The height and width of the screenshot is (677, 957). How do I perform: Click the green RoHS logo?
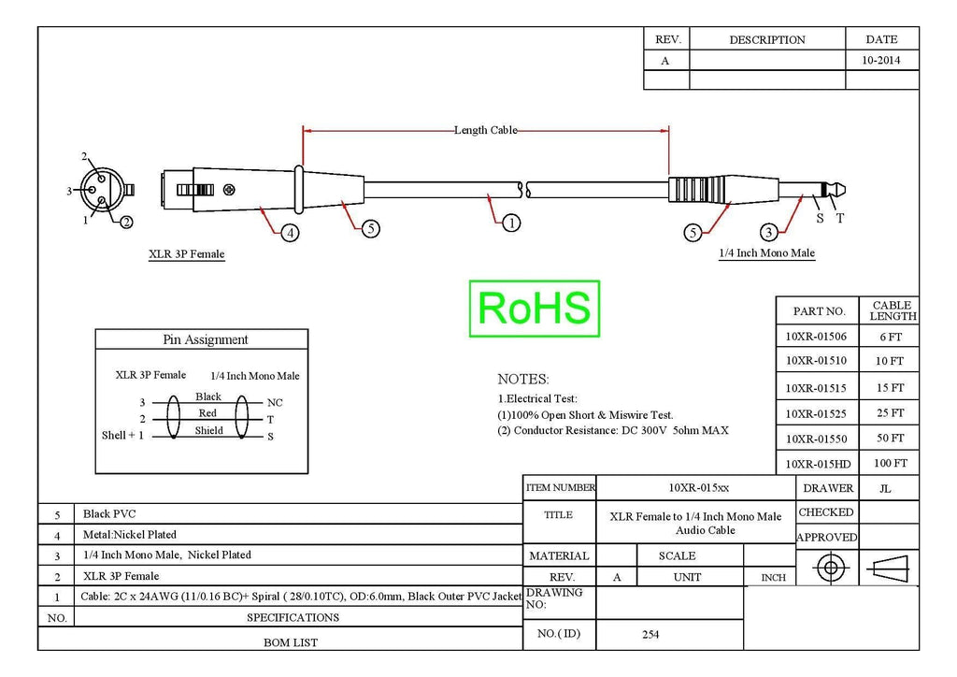pyautogui.click(x=534, y=309)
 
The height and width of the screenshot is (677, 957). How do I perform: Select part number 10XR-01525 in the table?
pyautogui.click(x=815, y=413)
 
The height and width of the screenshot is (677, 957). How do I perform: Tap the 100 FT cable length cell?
pyautogui.click(x=890, y=463)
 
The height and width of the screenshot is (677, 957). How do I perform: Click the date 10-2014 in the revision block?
pyautogui.click(x=880, y=60)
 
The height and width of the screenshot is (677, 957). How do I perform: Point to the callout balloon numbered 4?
pyautogui.click(x=290, y=233)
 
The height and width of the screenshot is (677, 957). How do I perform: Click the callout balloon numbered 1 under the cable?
pyautogui.click(x=511, y=223)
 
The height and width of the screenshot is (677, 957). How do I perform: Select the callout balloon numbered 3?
pyautogui.click(x=768, y=232)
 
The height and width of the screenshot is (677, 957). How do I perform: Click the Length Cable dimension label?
pyautogui.click(x=485, y=130)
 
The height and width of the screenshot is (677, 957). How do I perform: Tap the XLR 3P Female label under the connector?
pyautogui.click(x=186, y=254)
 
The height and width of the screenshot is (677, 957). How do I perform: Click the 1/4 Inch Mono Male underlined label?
pyautogui.click(x=766, y=252)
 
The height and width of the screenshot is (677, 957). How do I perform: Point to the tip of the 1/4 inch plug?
pyautogui.click(x=845, y=190)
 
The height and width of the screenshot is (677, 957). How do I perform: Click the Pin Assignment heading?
pyautogui.click(x=205, y=339)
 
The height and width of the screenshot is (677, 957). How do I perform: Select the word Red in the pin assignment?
pyautogui.click(x=207, y=412)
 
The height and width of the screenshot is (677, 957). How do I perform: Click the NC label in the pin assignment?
pyautogui.click(x=275, y=402)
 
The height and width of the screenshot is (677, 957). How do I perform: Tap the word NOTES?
pyautogui.click(x=523, y=379)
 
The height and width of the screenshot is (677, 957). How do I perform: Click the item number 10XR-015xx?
pyautogui.click(x=698, y=488)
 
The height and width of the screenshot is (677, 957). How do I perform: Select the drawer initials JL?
pyautogui.click(x=885, y=488)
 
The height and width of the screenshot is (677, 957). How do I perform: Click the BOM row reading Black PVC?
pyautogui.click(x=109, y=514)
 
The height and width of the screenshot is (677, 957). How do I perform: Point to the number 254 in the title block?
pyautogui.click(x=650, y=634)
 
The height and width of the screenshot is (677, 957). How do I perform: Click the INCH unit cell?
pyautogui.click(x=773, y=578)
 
